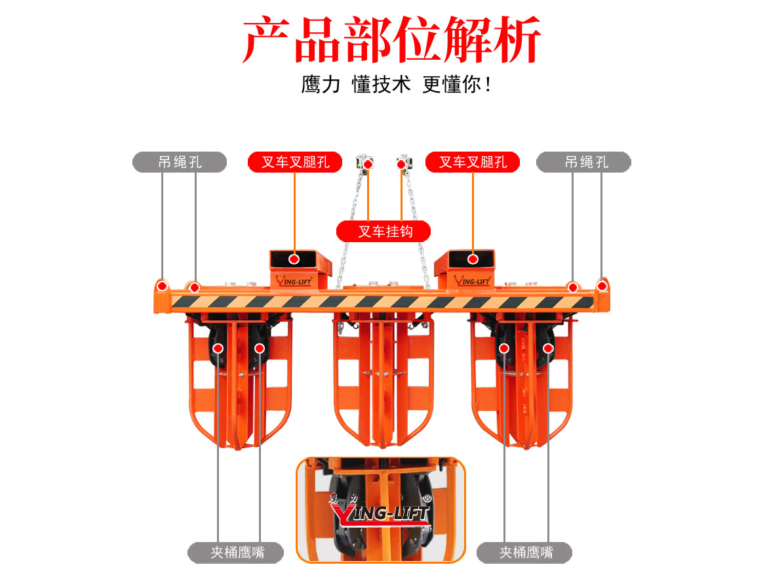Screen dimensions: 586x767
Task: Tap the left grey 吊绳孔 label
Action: pos(180,162)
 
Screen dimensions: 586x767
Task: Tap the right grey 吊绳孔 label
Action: pos(583,162)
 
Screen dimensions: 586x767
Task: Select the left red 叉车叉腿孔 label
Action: pos(294,162)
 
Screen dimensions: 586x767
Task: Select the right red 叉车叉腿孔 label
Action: pos(472,162)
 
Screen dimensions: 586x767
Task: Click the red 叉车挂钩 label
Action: pos(384,231)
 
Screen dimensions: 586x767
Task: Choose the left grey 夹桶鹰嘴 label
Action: pos(236,553)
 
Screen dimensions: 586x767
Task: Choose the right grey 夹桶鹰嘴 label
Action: pos(524,553)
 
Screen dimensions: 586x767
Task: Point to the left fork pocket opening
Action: pos(294,259)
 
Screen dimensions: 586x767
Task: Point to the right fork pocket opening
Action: pos(472,259)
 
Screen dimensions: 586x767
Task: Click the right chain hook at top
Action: pos(404,163)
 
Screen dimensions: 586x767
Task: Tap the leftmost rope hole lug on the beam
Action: pos(161,286)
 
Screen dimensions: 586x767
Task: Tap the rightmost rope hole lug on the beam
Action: pos(602,285)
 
